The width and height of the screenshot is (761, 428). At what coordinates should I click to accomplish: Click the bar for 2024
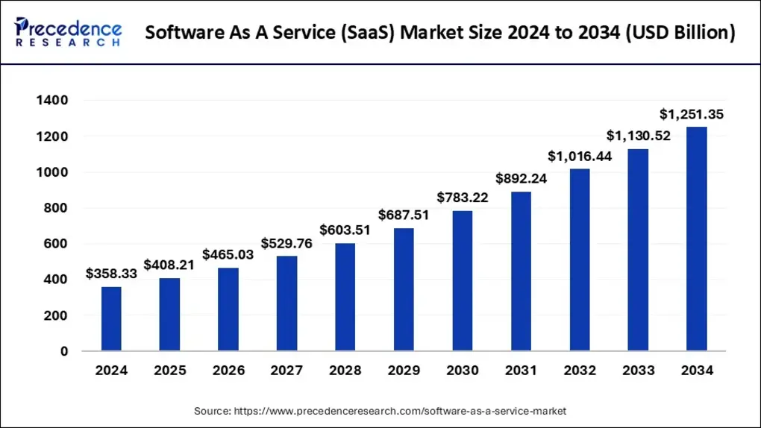[111, 318]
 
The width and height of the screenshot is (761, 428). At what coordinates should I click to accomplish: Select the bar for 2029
[404, 289]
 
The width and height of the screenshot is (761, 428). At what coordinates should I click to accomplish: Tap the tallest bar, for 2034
[696, 239]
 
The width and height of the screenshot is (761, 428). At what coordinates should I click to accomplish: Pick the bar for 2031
[521, 271]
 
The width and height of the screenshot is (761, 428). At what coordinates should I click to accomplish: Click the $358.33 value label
[111, 274]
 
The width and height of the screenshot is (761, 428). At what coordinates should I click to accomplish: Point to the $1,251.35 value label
[692, 114]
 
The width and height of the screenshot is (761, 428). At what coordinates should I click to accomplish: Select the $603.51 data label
[345, 230]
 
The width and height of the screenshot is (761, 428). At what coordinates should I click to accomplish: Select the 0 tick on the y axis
[64, 351]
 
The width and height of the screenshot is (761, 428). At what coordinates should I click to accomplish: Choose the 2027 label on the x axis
[286, 371]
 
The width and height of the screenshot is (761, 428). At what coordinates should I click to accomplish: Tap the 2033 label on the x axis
[638, 371]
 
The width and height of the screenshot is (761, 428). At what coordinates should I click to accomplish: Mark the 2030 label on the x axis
[463, 371]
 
